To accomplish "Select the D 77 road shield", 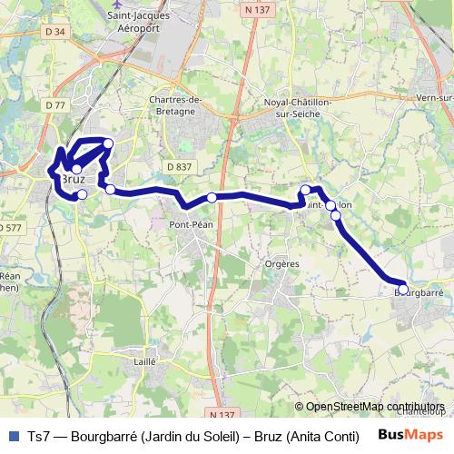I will click(x=54, y=105).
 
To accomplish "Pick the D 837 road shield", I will click(x=179, y=166).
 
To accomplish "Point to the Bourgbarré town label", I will click(x=419, y=293).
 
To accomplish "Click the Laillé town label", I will click(x=144, y=360).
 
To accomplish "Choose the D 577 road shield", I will click(x=11, y=228).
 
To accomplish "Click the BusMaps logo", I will click(x=410, y=435).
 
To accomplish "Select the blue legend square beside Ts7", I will click(x=12, y=436).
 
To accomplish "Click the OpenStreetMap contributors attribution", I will click(x=374, y=407).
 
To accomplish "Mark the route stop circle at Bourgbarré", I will click(x=403, y=290).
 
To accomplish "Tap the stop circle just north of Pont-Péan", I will click(x=212, y=198).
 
